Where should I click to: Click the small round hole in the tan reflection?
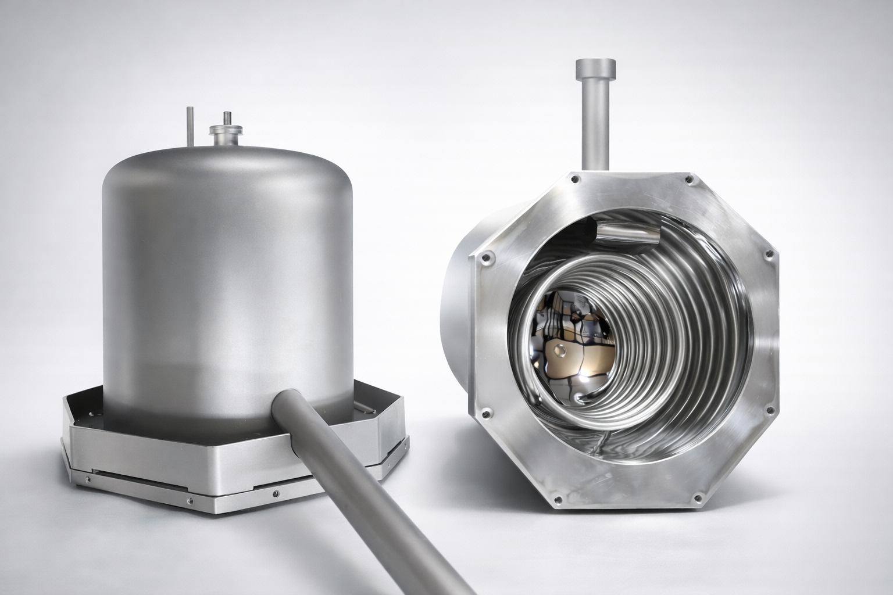pos(560,350)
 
